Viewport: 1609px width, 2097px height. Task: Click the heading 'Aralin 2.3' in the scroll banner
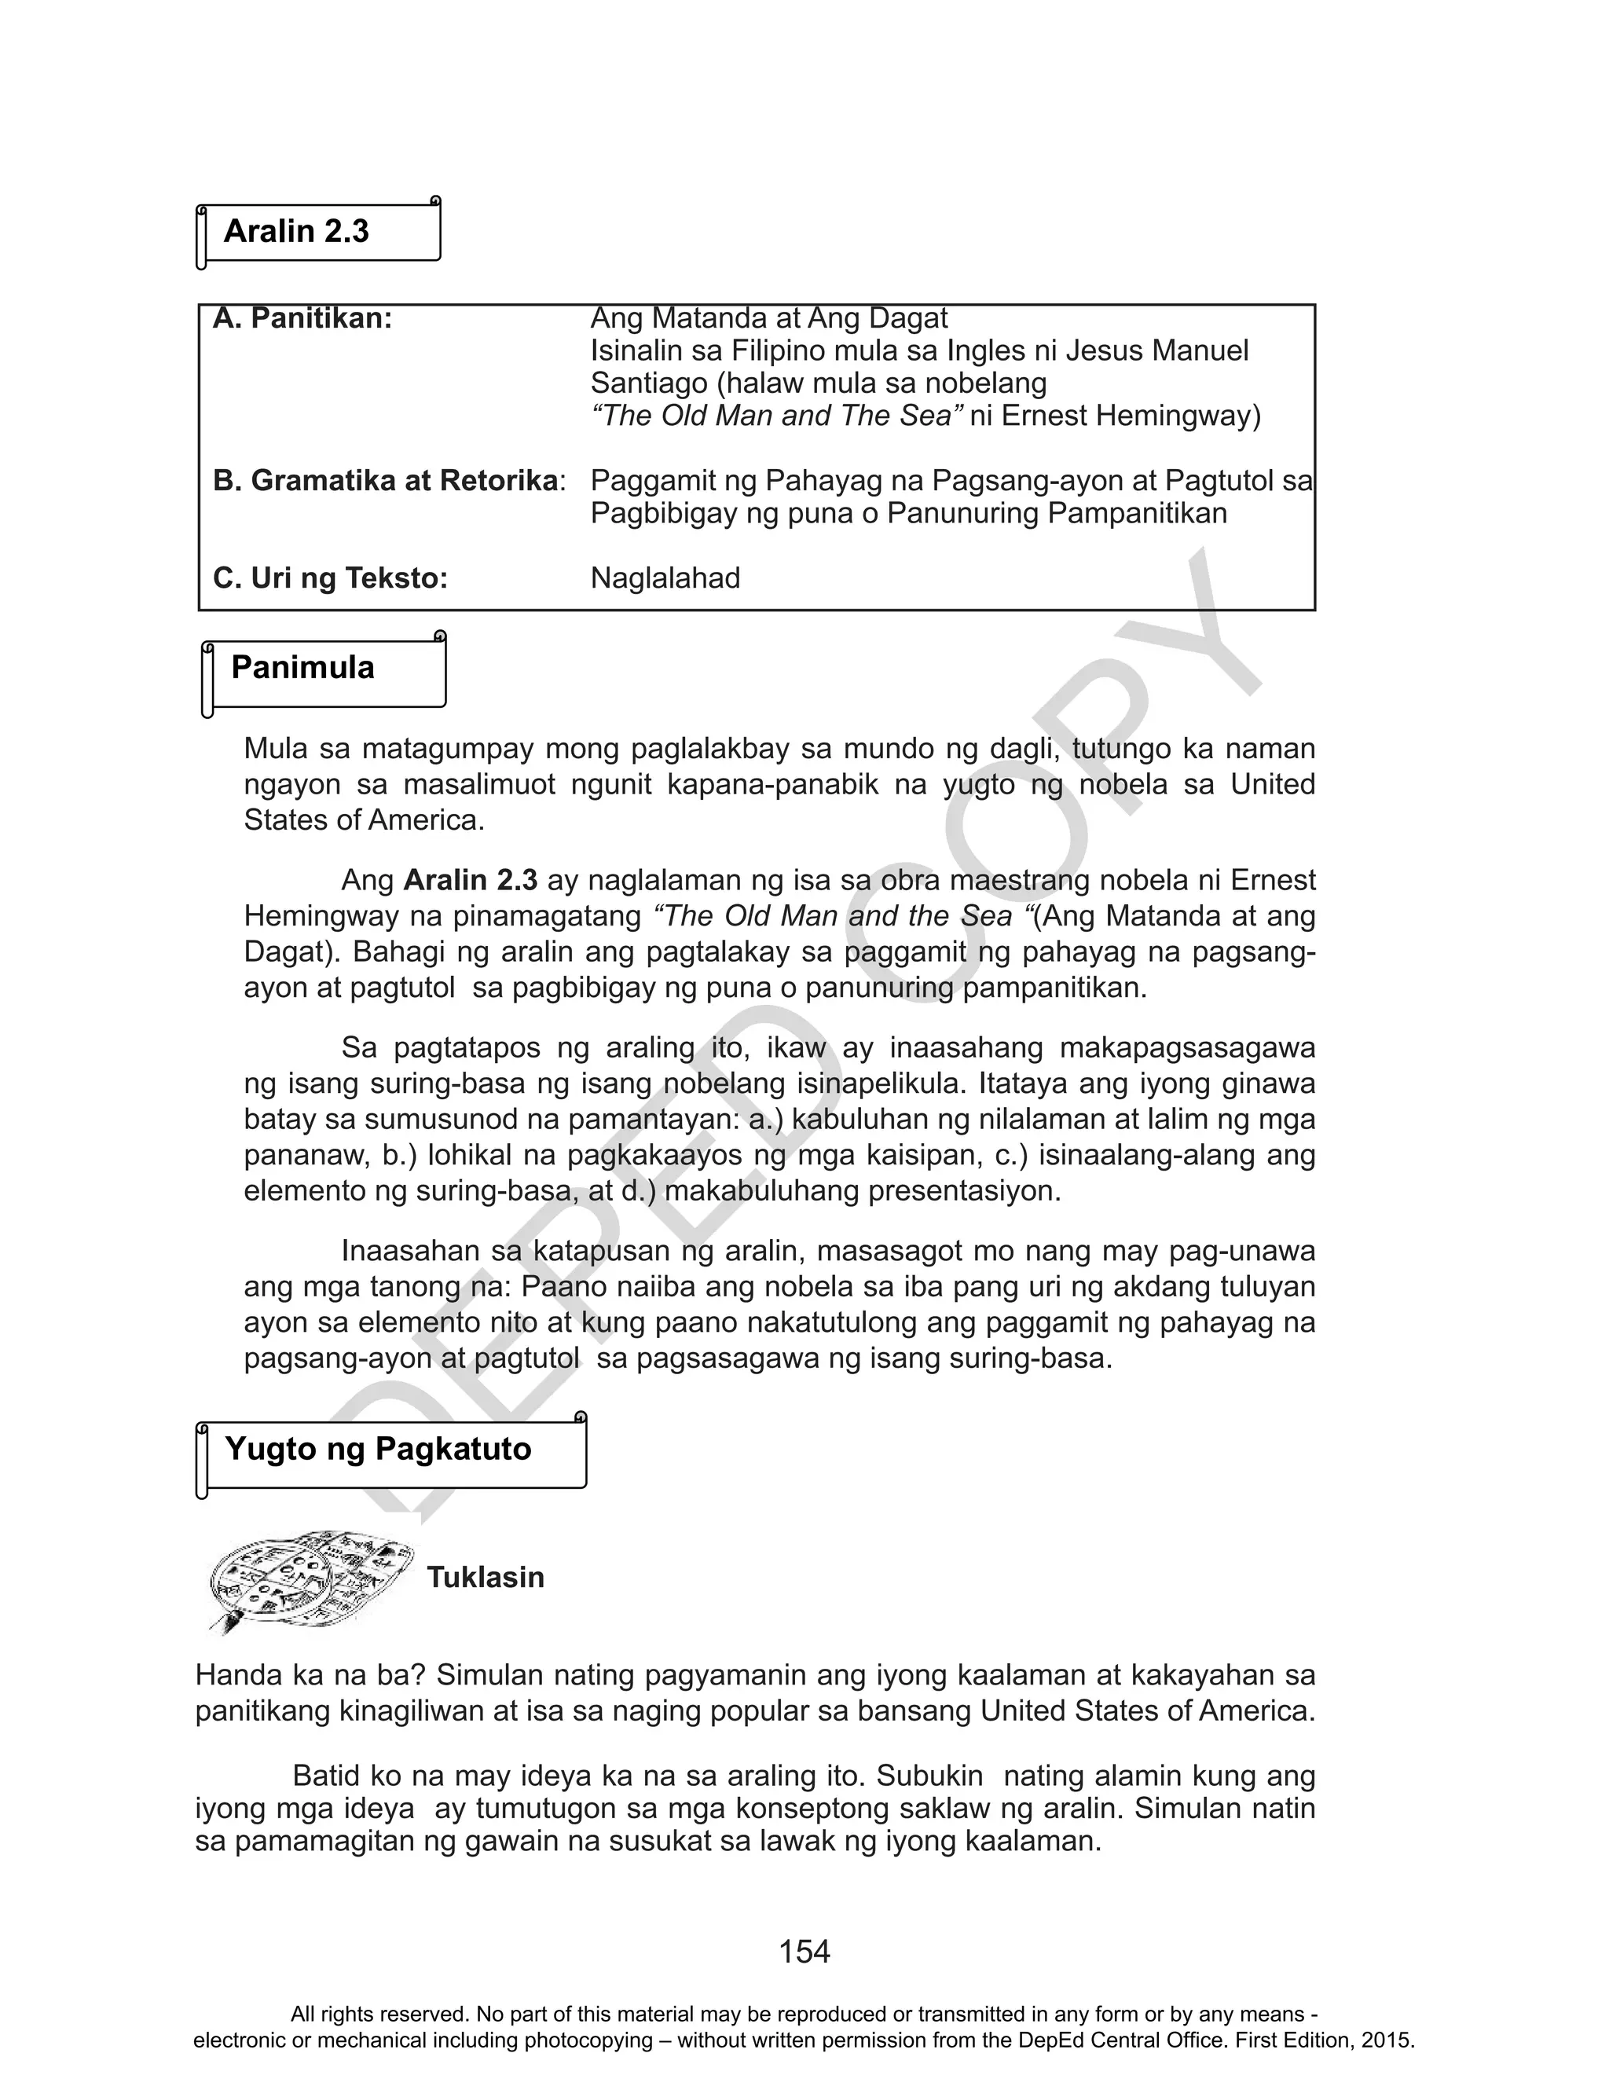click(296, 232)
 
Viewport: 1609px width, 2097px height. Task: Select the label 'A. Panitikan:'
click(302, 319)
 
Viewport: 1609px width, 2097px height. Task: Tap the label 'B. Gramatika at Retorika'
click(385, 481)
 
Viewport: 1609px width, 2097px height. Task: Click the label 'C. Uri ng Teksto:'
click(331, 578)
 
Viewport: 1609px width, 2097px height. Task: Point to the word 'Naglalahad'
click(665, 578)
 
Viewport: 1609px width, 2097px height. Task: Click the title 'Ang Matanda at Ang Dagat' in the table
click(768, 318)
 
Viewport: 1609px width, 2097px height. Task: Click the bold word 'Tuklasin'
click(486, 1577)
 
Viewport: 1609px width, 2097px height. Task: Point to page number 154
click(804, 1951)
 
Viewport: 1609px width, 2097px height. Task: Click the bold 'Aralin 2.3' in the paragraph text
click(471, 880)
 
